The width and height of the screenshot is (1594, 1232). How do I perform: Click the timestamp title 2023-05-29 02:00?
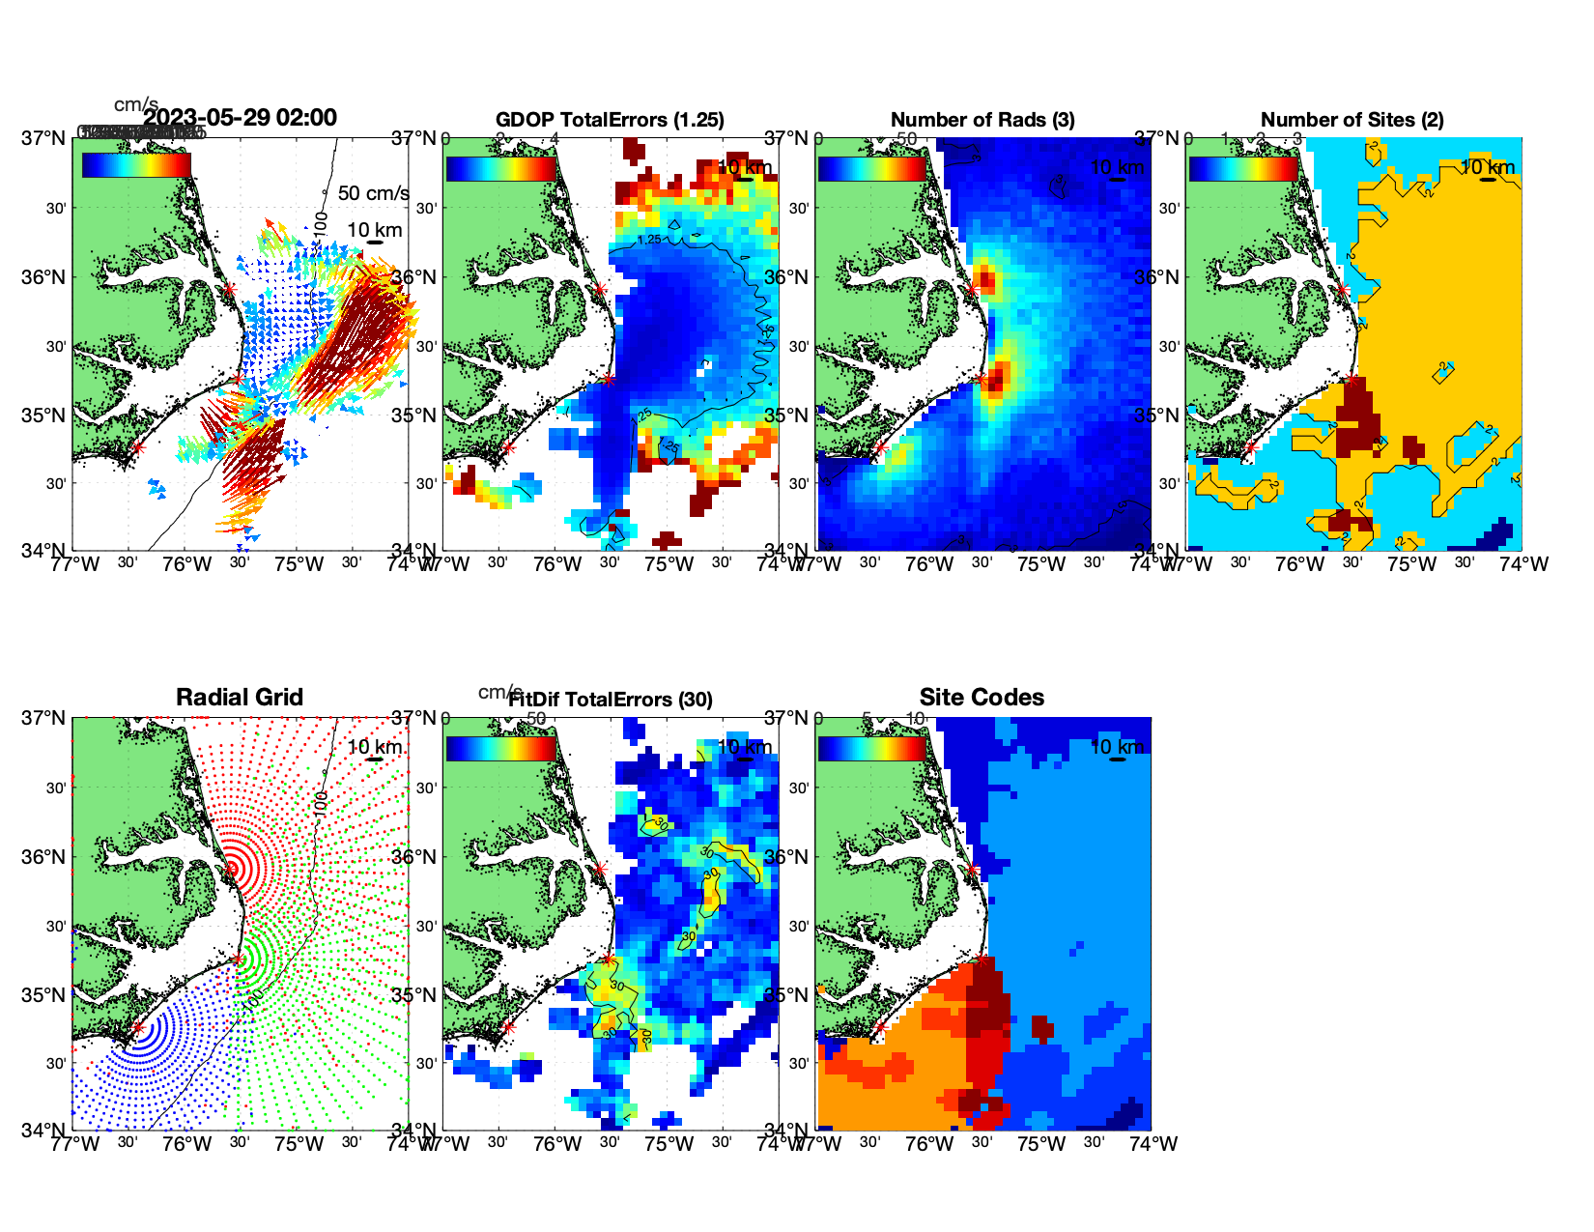[241, 118]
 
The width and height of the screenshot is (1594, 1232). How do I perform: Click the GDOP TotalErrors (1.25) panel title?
[610, 120]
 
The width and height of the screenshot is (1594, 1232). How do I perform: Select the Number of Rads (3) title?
[982, 120]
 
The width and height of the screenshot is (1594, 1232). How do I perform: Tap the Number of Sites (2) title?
[1352, 120]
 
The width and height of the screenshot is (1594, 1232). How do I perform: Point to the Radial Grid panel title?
[240, 698]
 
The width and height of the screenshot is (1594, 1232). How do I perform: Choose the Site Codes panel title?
[982, 698]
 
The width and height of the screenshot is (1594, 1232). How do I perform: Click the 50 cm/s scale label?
[373, 193]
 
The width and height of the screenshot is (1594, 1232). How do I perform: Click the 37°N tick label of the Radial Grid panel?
[44, 718]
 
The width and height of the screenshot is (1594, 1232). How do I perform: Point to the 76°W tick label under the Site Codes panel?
[929, 1144]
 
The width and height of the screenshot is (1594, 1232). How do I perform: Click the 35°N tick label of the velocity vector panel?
[44, 415]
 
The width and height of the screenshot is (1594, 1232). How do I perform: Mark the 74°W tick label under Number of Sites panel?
[1524, 564]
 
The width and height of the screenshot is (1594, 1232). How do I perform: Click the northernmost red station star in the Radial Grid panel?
[230, 870]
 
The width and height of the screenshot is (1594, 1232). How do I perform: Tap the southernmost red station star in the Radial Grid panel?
[137, 1028]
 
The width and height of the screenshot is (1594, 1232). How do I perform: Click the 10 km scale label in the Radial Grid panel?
[375, 747]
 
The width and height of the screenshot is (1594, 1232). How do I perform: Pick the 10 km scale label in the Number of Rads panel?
[1117, 167]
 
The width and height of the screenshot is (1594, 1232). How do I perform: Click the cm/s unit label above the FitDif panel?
[499, 692]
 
